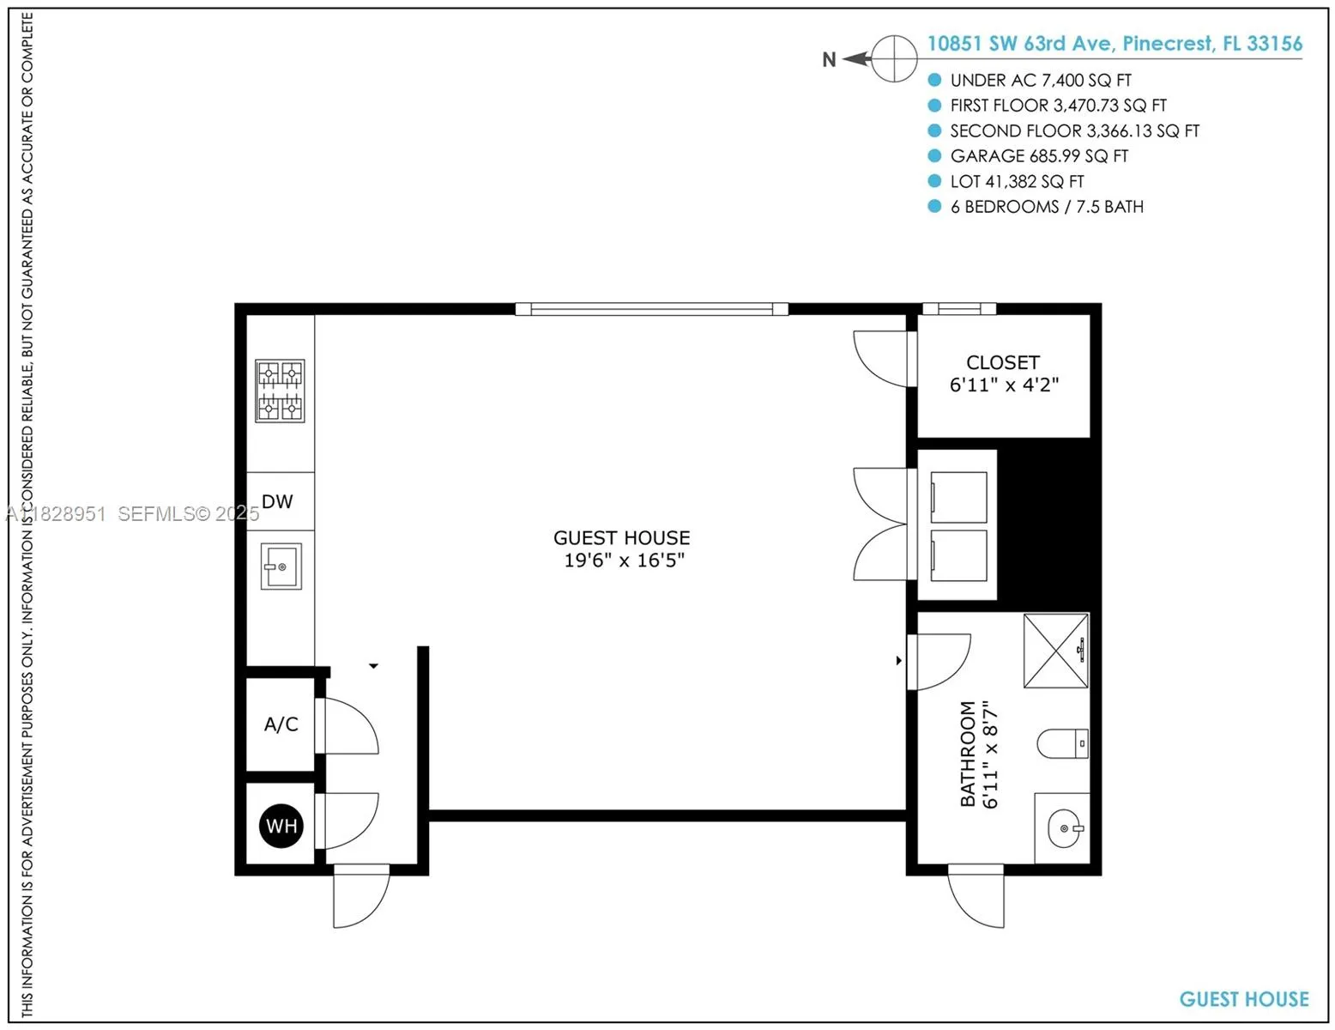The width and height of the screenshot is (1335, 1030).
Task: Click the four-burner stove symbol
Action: coord(280,391)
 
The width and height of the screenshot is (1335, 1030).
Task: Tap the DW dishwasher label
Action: coord(277,501)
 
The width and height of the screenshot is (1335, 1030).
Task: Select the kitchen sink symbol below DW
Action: coord(281,566)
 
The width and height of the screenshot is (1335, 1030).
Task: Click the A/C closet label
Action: coord(281,724)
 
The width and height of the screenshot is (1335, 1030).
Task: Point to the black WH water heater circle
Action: coord(281,826)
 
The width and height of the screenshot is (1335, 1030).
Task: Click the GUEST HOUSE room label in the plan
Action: coord(621,538)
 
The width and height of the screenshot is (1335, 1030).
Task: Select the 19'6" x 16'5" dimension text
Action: coord(624,560)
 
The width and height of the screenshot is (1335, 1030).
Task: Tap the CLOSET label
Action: coord(1002,362)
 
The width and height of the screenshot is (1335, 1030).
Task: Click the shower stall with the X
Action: coord(1056,651)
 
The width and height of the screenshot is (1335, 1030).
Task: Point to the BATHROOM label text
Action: coord(968,754)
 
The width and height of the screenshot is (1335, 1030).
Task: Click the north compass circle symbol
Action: coord(894,59)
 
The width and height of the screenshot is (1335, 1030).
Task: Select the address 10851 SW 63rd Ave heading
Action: coord(1115,44)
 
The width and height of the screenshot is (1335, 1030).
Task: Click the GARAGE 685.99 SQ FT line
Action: coord(1039,156)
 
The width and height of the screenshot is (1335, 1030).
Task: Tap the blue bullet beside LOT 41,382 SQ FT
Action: coord(934,181)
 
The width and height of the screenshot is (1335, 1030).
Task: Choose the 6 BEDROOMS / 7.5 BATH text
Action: coord(1047,207)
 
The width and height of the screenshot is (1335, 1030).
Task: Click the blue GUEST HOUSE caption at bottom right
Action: coord(1243,999)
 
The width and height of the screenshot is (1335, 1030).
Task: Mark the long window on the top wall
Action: coord(651,309)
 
